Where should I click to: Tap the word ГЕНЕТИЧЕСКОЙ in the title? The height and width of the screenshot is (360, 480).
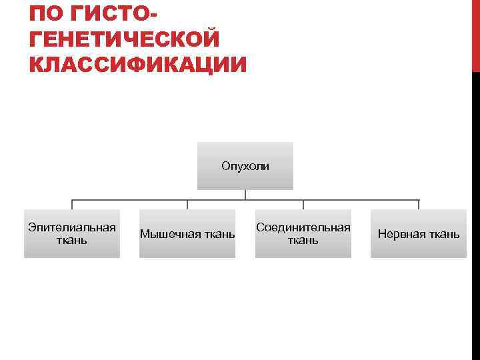124,39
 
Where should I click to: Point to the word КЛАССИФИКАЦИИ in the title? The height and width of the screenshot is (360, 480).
138,65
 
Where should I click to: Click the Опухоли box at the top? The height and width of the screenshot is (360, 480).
245,166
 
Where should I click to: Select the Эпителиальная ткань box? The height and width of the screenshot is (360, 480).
72,233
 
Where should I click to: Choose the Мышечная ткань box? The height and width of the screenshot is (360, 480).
187,233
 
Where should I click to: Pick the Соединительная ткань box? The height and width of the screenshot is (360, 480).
303,233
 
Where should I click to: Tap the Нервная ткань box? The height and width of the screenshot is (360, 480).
419,233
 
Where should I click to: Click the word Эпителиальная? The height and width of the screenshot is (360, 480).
72,227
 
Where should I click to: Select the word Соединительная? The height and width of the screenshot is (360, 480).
303,227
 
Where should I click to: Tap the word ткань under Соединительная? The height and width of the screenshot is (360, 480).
303,240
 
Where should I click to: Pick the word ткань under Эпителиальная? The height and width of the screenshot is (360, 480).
72,240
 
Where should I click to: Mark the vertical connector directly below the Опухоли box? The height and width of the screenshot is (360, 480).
245,195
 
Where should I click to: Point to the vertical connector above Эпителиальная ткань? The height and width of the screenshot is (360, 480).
72,205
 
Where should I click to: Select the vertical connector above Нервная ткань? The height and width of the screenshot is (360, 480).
419,205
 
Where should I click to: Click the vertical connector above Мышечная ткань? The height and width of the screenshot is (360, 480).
187,205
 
